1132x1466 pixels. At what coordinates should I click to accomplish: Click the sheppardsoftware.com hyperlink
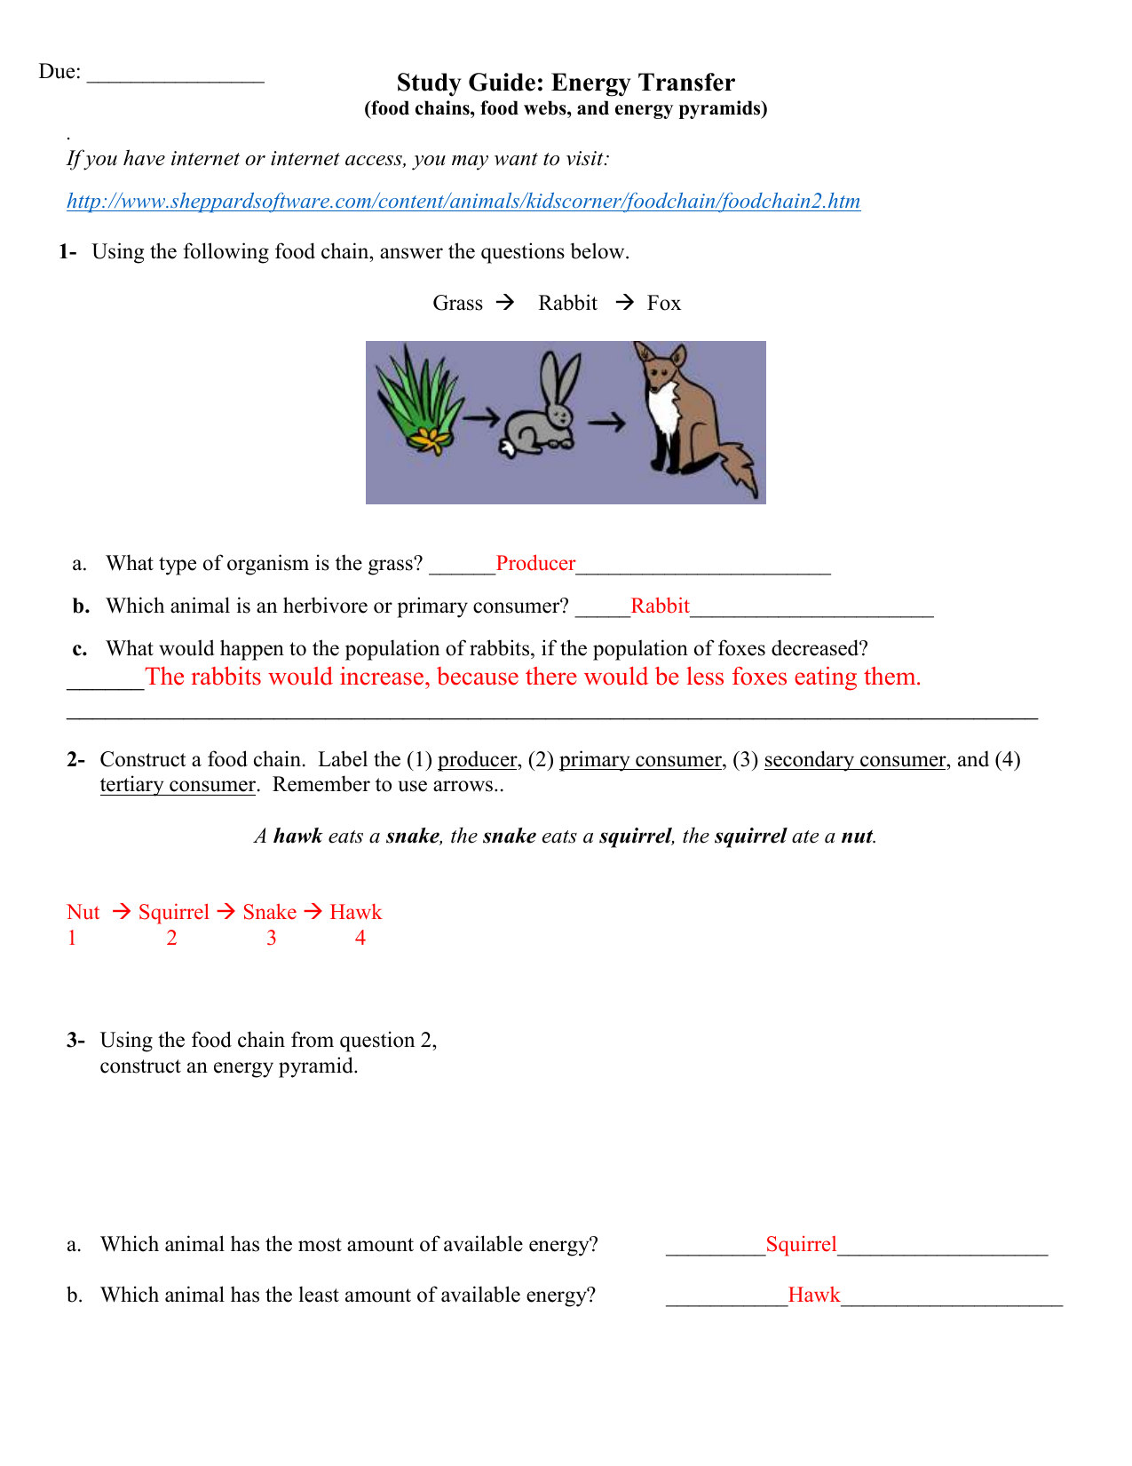[463, 202]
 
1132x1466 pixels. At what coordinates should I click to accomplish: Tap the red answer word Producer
[535, 564]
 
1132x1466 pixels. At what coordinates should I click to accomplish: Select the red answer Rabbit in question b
[660, 606]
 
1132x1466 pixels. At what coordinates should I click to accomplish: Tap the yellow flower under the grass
[431, 438]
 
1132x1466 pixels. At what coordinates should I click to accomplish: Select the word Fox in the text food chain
[663, 304]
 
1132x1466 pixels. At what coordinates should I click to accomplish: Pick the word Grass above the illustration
[457, 304]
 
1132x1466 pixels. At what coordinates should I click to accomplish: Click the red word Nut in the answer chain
[83, 913]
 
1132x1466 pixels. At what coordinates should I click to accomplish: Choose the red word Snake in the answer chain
[269, 913]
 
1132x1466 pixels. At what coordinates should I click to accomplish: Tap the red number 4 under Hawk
[360, 939]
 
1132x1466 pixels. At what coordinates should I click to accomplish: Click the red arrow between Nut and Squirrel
[122, 912]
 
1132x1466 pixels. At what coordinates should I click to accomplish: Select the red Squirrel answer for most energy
[801, 1245]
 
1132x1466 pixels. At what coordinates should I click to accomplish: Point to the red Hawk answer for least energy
[813, 1296]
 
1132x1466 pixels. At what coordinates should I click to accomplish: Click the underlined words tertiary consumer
[178, 785]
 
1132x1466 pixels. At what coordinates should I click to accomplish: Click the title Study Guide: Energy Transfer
[566, 83]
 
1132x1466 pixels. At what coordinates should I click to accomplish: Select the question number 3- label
[75, 1041]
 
